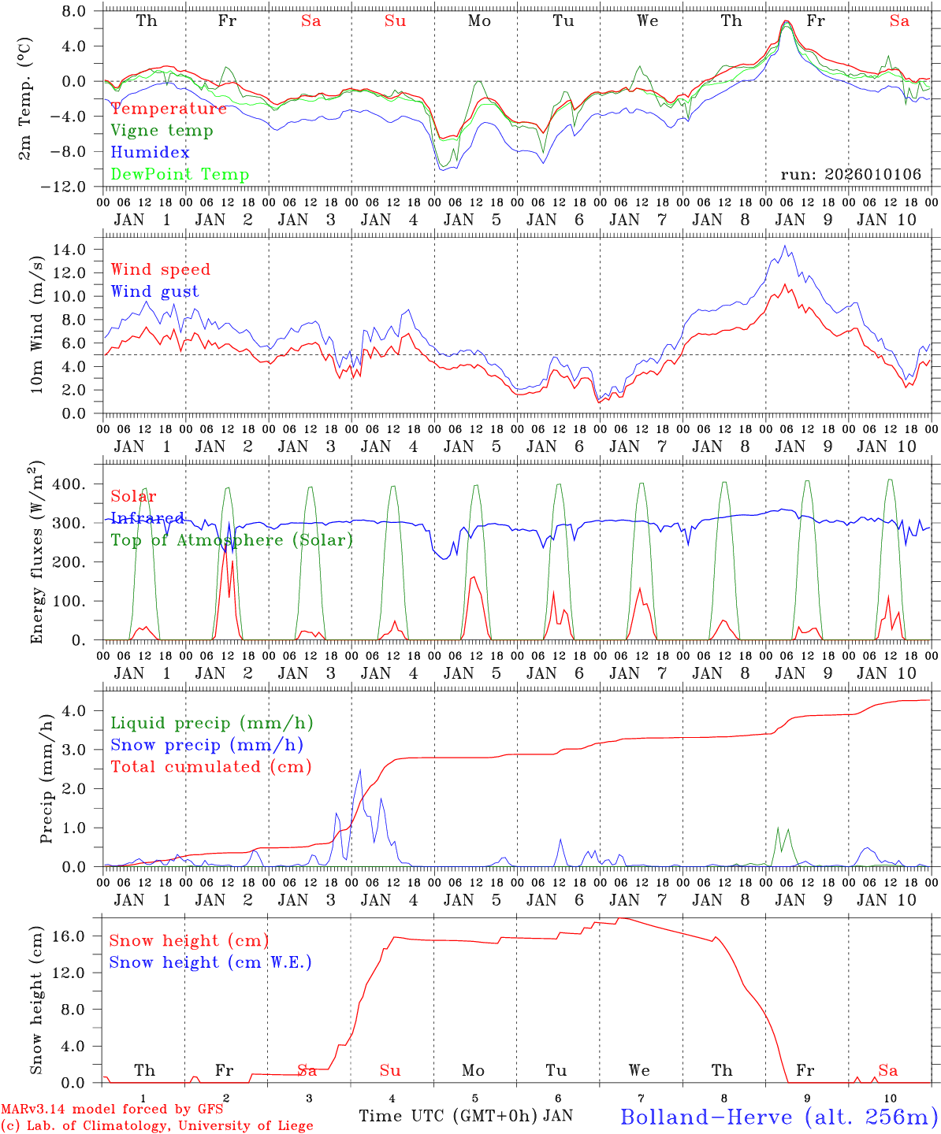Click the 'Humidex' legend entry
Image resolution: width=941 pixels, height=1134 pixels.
(150, 153)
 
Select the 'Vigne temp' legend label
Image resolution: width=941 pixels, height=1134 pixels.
(162, 131)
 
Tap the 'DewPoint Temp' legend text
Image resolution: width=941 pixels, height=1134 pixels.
(180, 175)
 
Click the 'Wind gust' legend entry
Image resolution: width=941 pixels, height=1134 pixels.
(154, 291)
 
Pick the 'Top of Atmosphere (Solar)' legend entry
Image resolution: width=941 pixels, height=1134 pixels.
(231, 540)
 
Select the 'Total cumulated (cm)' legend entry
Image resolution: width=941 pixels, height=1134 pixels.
(210, 767)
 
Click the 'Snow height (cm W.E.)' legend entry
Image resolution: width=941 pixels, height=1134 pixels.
(210, 962)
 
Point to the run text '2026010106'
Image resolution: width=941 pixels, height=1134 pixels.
(873, 175)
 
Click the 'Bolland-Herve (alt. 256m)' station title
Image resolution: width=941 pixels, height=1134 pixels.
(779, 1117)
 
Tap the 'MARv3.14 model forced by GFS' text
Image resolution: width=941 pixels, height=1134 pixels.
(112, 1110)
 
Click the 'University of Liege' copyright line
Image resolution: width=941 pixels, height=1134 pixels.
(157, 1126)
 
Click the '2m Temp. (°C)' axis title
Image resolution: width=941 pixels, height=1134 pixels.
(26, 98)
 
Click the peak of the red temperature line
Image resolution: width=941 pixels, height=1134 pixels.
(787, 21)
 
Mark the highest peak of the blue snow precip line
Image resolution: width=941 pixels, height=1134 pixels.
(360, 770)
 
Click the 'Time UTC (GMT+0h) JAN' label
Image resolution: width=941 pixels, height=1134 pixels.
(465, 1116)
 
